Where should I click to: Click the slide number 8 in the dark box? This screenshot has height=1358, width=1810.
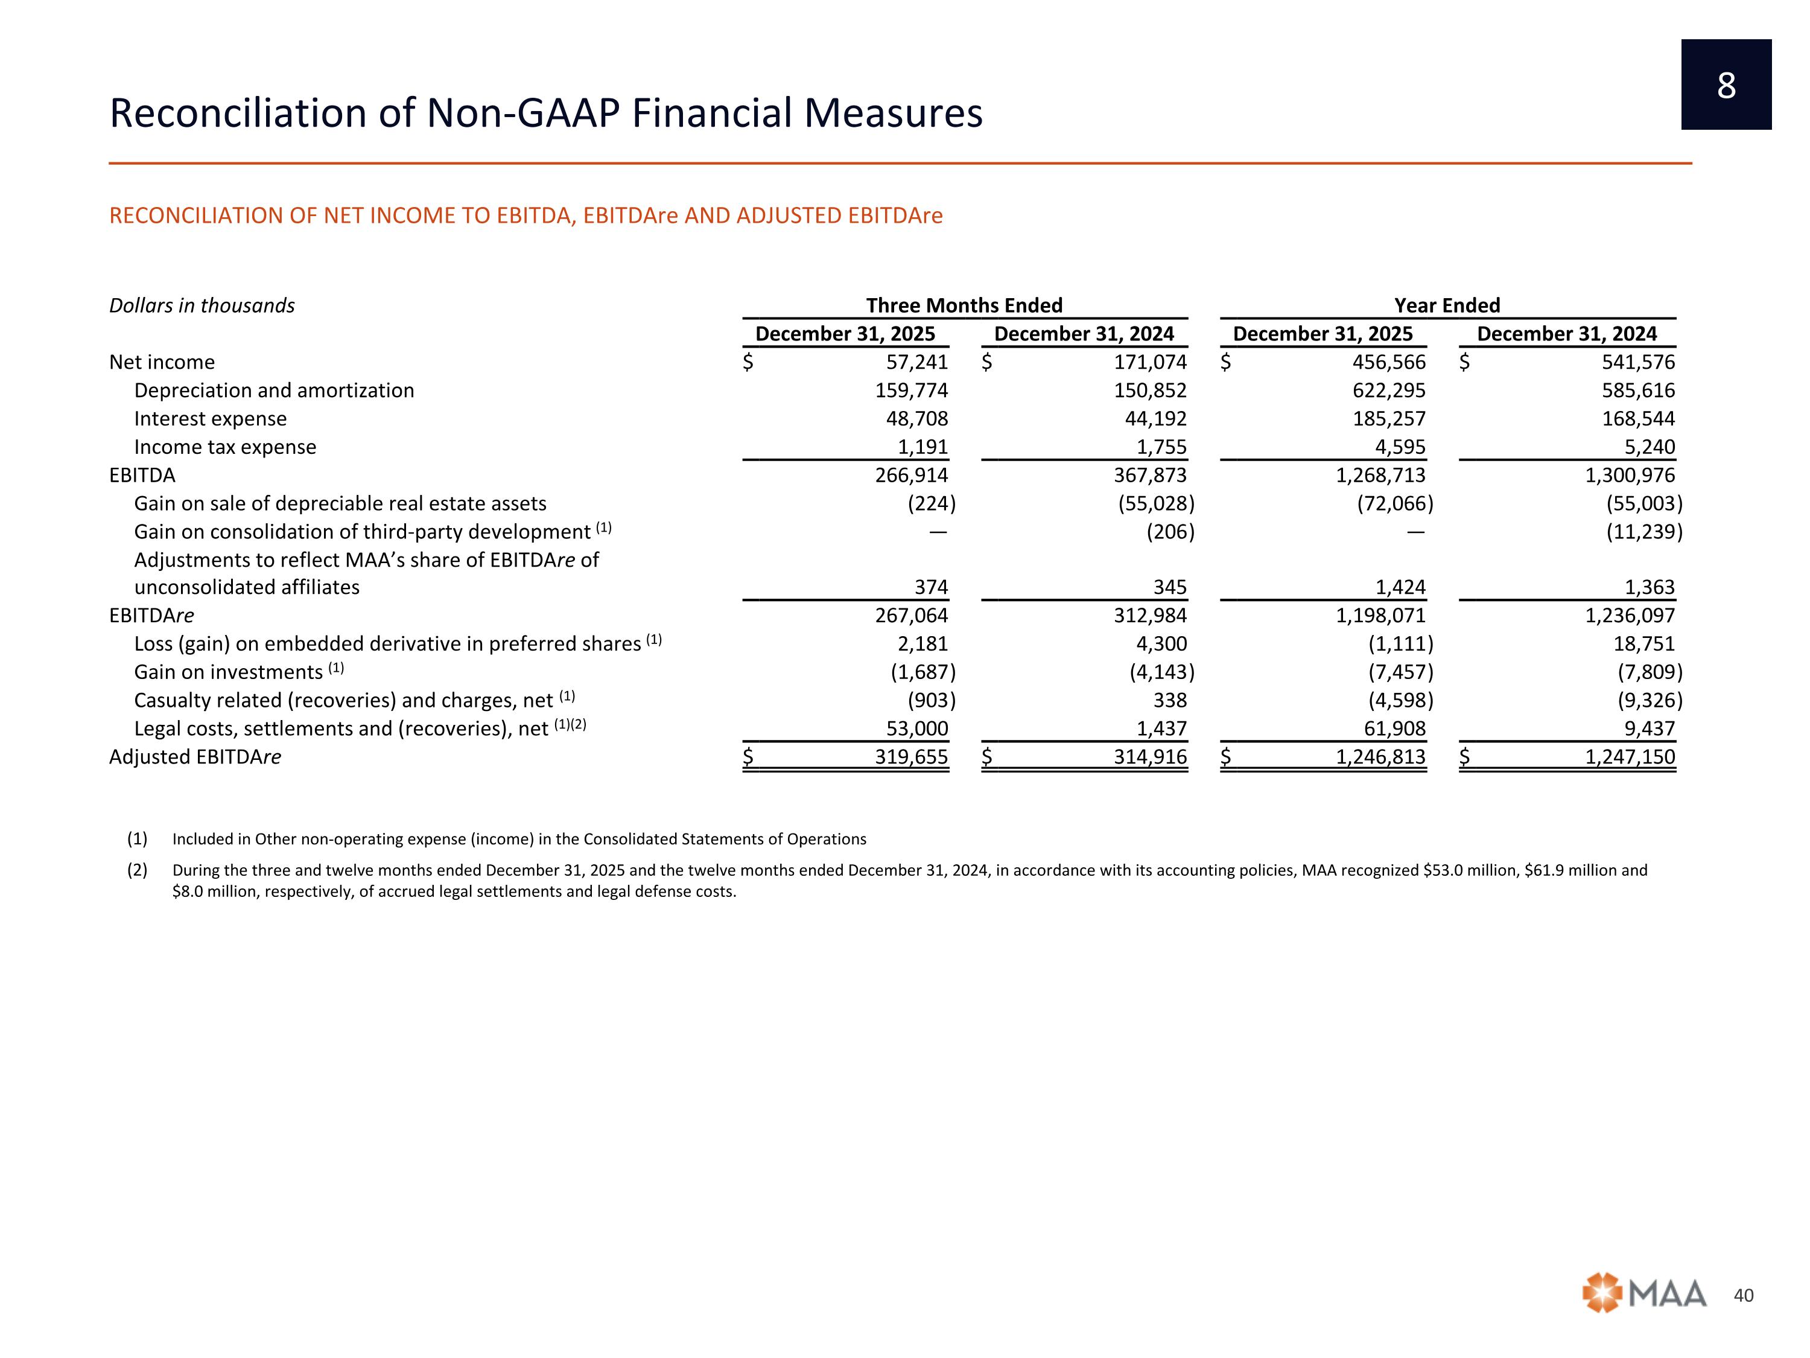[1726, 85]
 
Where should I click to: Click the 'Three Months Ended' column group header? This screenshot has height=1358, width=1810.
[964, 305]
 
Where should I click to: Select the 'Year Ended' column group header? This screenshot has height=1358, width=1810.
[1447, 305]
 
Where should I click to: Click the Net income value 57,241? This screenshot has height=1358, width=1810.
[916, 362]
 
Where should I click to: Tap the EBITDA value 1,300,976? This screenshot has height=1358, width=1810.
[1630, 475]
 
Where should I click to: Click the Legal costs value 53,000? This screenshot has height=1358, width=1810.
[916, 728]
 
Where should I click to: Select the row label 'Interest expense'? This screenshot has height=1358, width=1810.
[211, 418]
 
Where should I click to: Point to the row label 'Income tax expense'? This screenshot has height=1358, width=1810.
[225, 447]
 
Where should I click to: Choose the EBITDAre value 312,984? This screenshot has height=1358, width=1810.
[1150, 616]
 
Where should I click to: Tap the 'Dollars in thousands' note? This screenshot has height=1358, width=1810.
[202, 305]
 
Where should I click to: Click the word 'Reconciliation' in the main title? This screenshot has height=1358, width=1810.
[237, 113]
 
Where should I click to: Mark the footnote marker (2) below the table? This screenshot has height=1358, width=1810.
[136, 870]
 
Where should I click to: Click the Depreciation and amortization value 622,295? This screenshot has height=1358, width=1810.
[1389, 391]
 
